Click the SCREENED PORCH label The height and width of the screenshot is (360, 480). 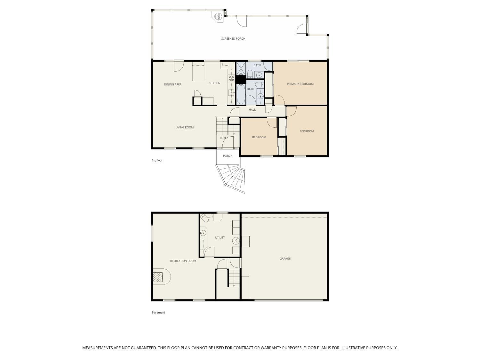tap(233, 39)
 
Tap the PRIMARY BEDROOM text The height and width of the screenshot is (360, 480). tap(300, 84)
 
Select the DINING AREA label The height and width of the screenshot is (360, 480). tap(172, 84)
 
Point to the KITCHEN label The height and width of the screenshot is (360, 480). tap(214, 83)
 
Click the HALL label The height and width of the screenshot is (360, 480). tap(252, 110)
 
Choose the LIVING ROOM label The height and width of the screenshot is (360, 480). tap(184, 127)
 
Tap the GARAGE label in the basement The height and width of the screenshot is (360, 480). tap(285, 259)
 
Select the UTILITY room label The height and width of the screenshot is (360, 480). tap(220, 237)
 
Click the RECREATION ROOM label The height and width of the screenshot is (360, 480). tap(183, 261)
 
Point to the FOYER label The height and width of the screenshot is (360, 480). tap(224, 138)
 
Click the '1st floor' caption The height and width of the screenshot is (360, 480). tap(157, 160)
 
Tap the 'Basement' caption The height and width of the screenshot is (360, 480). tap(158, 313)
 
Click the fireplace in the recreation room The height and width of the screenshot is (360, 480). tap(158, 277)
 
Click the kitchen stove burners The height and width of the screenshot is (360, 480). tap(231, 78)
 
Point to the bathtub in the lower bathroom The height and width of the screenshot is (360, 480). tap(241, 94)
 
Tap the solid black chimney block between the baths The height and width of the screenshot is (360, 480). tap(240, 79)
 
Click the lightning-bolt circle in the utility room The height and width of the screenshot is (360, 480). tap(236, 240)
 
